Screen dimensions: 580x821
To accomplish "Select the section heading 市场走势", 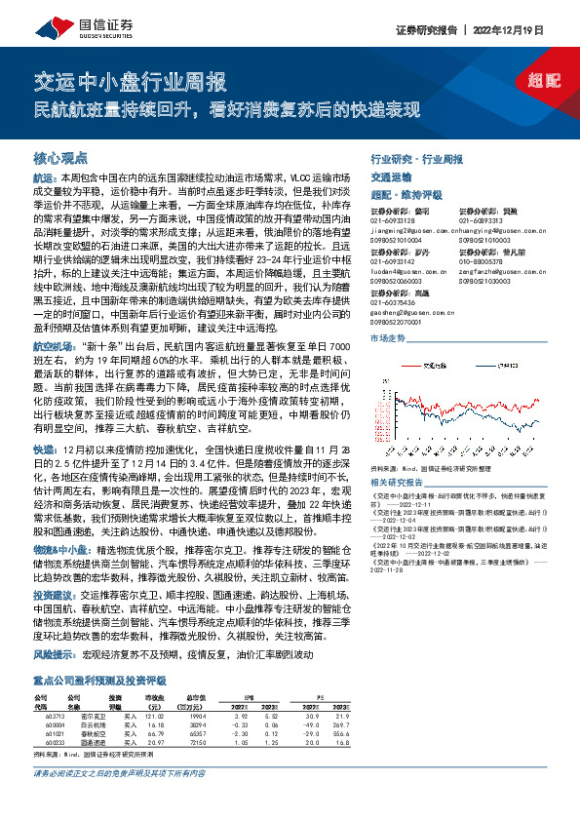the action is (387, 337).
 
